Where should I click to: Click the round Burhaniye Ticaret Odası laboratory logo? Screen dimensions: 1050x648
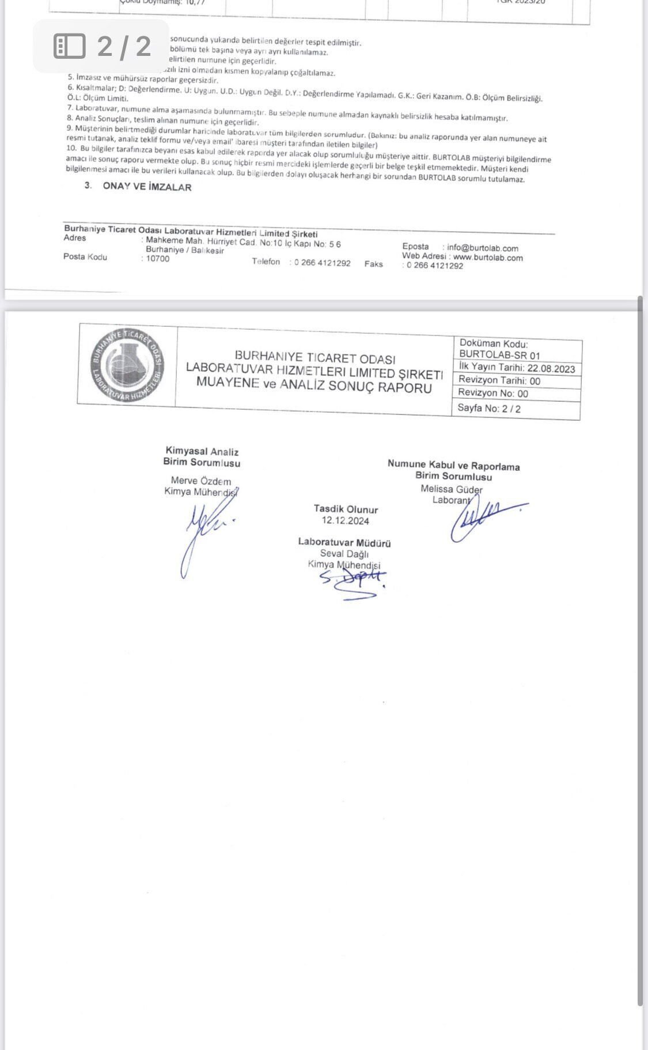[128, 365]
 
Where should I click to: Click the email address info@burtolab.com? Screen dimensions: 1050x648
[483, 248]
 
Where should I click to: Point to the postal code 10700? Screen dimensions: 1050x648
[158, 259]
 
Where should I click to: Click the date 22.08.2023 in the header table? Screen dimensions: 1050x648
[551, 369]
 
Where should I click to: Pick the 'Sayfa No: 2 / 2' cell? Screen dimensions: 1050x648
[489, 409]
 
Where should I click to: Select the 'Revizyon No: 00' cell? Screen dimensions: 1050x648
[493, 394]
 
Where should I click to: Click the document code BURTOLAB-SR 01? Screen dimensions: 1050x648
[500, 355]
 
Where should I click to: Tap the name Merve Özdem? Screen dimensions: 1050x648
[201, 481]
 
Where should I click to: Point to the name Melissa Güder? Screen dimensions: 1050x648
[452, 489]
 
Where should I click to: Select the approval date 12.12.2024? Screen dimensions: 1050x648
[346, 521]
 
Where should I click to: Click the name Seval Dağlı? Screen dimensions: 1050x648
[344, 554]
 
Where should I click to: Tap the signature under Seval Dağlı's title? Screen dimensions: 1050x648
[353, 581]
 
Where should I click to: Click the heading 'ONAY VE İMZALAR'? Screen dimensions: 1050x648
[147, 187]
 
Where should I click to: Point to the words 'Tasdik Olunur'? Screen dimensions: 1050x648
[346, 509]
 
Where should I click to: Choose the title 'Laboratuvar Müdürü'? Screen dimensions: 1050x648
[344, 542]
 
